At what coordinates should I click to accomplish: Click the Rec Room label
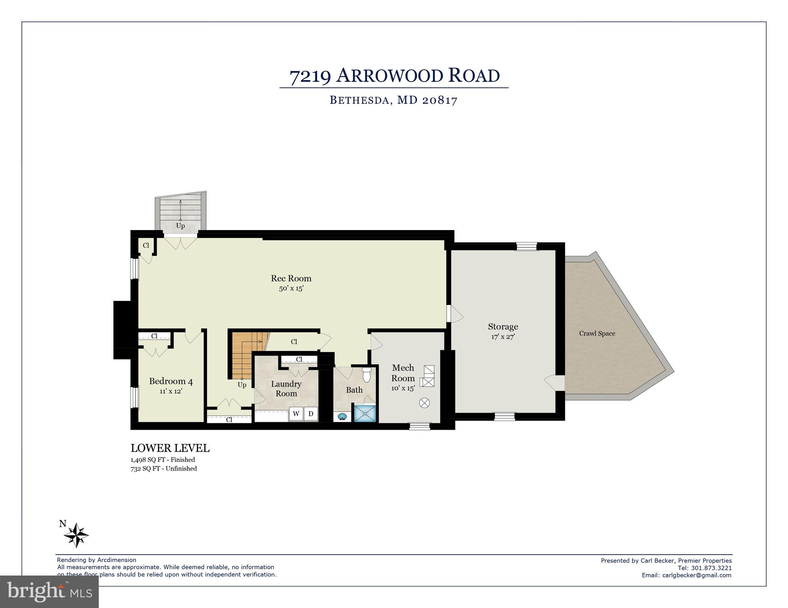tap(291, 278)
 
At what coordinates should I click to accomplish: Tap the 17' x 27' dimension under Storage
tap(502, 337)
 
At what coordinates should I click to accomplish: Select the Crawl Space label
tap(597, 334)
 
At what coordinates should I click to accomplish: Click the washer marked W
tap(296, 414)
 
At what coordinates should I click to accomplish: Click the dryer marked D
tap(311, 414)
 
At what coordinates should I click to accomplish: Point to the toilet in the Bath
tap(366, 374)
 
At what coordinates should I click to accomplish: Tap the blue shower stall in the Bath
tap(364, 413)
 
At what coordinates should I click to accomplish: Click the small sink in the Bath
tap(342, 416)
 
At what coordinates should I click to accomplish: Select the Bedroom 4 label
tap(171, 381)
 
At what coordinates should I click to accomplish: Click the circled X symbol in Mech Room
tap(424, 403)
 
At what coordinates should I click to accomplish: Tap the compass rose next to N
tap(76, 536)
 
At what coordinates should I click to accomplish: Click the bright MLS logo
tap(49, 592)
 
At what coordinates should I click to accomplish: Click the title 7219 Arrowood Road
tap(394, 76)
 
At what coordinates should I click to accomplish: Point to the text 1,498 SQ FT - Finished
tap(163, 460)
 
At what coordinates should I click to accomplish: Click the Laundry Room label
tap(286, 389)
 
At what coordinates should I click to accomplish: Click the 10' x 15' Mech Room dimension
tap(403, 388)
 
